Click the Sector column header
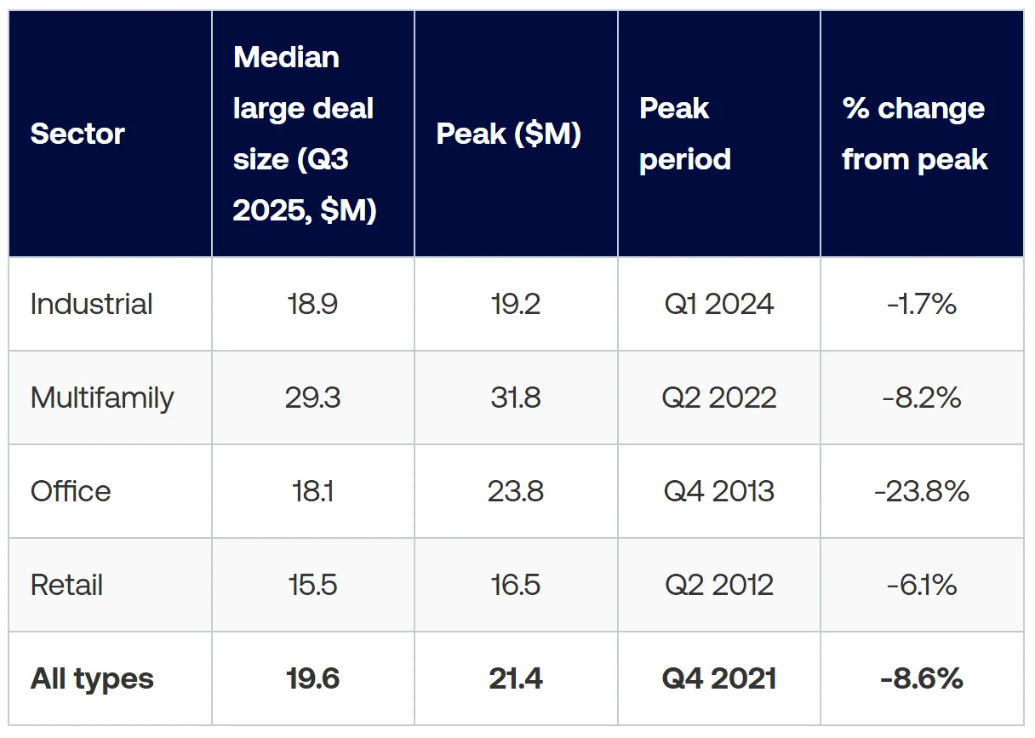coord(77,134)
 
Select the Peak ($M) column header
coord(508,134)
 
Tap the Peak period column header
coord(684,134)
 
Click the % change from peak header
coord(914,134)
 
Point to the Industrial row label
coord(91,304)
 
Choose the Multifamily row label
coord(102,398)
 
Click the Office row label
coord(71,491)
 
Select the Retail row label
coord(66,585)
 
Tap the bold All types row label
coord(92,678)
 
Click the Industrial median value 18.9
coord(313,304)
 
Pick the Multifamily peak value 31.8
coord(516,398)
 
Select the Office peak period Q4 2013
coord(719,491)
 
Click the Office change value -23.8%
coord(922,491)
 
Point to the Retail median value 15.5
coord(313,585)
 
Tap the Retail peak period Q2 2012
coord(719,585)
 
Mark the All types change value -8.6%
coord(922,678)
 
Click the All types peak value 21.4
coord(516,678)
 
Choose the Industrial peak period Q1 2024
coord(719,304)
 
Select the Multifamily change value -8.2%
coord(922,398)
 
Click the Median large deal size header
coord(304,134)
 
